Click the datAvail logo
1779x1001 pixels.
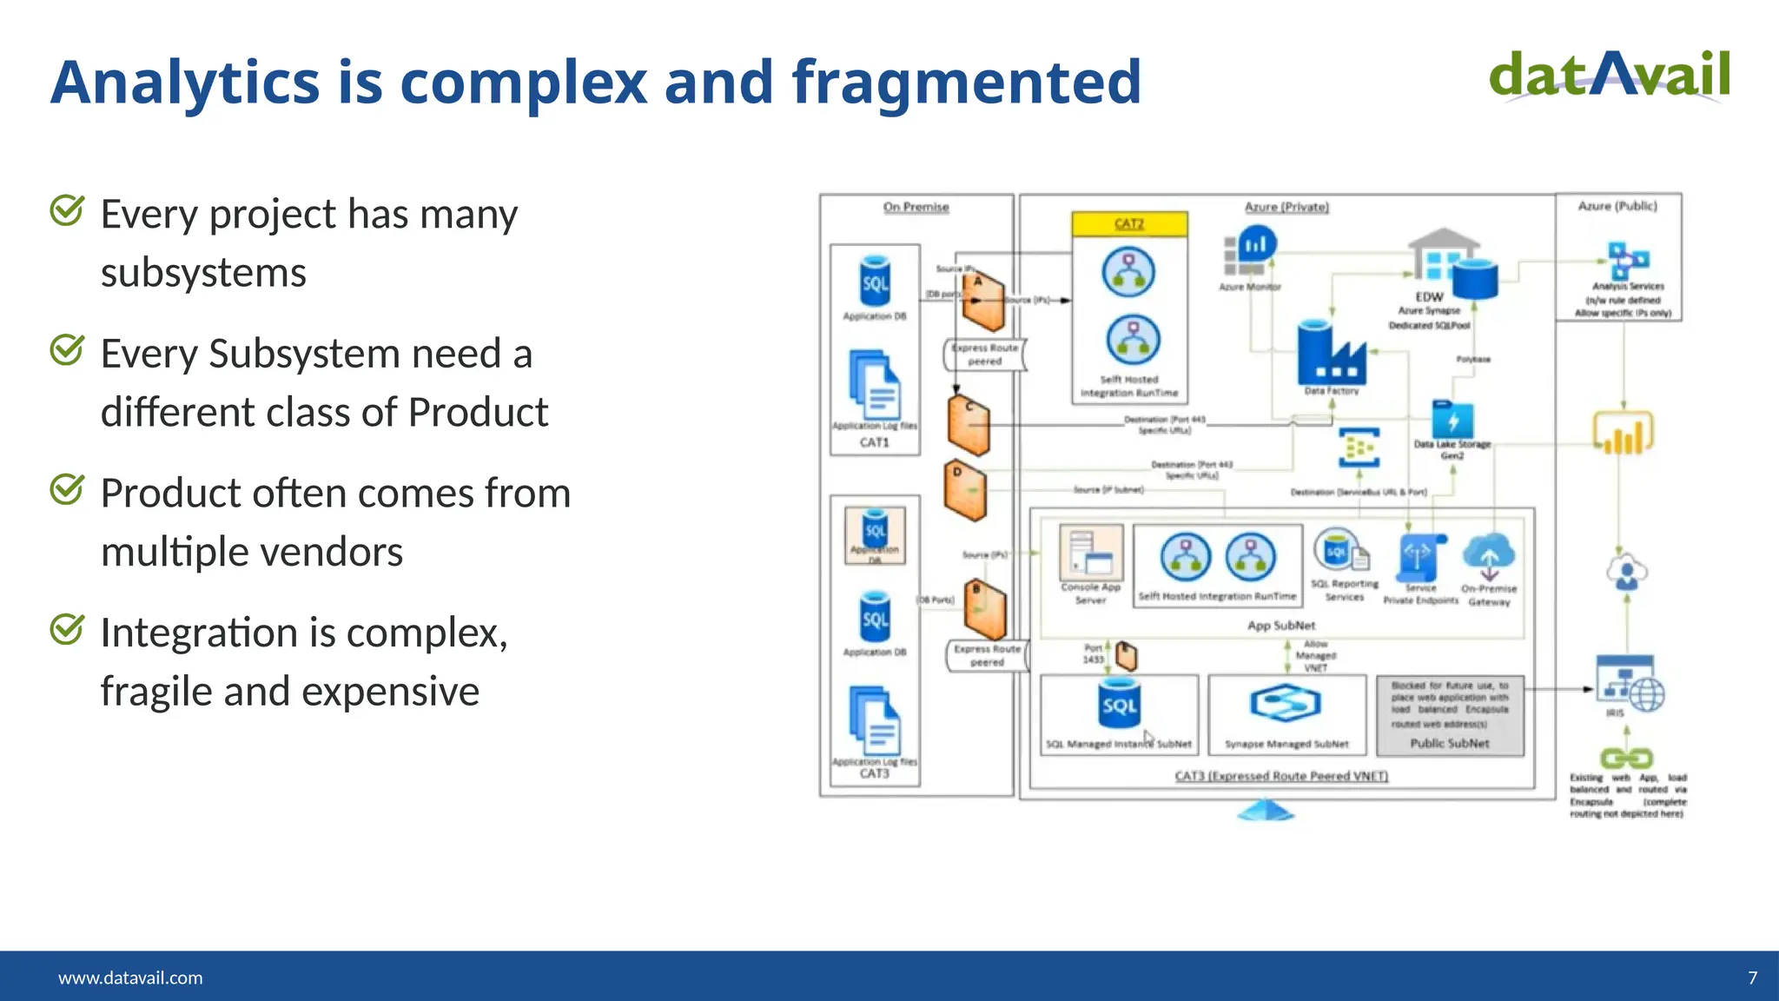click(1609, 76)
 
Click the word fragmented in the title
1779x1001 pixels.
click(966, 82)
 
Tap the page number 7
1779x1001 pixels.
click(1752, 978)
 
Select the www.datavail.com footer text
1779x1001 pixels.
click(130, 978)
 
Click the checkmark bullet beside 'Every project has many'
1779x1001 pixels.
click(67, 210)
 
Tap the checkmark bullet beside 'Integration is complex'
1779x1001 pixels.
click(67, 629)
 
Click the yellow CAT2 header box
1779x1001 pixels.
click(1129, 224)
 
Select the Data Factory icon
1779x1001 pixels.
click(1331, 355)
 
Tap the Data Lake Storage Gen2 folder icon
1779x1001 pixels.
click(1452, 420)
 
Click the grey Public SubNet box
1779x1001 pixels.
click(1450, 716)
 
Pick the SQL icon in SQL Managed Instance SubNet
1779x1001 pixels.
click(1119, 705)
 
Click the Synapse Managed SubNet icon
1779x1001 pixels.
click(1286, 703)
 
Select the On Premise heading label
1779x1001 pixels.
click(916, 207)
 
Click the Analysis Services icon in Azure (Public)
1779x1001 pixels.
click(1627, 260)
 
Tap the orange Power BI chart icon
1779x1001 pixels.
click(1623, 434)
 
